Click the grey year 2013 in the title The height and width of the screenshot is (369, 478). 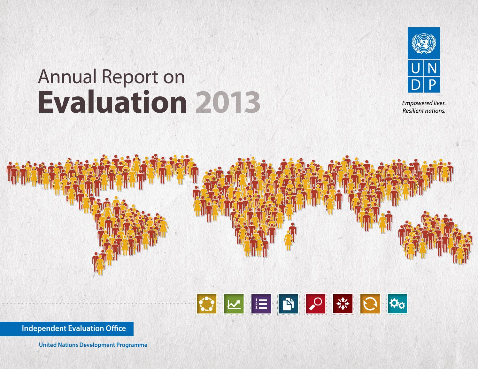click(x=227, y=102)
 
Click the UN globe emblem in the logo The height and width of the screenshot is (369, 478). click(x=424, y=44)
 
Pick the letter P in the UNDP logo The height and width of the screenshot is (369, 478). click(x=431, y=85)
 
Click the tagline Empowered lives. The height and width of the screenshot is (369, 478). click(x=424, y=103)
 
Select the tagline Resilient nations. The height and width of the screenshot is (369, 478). click(x=424, y=111)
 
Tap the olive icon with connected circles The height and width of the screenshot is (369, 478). click(x=207, y=304)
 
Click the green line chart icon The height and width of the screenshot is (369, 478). click(x=234, y=304)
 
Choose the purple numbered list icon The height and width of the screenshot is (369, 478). click(x=261, y=304)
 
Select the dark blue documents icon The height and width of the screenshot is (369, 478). click(x=288, y=304)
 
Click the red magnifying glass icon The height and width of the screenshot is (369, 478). click(x=315, y=304)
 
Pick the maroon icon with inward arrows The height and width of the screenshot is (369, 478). click(x=343, y=304)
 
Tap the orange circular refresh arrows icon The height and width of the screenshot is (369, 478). click(x=370, y=304)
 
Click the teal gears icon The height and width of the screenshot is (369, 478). click(x=397, y=304)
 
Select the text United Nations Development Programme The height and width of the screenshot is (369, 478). click(x=93, y=345)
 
